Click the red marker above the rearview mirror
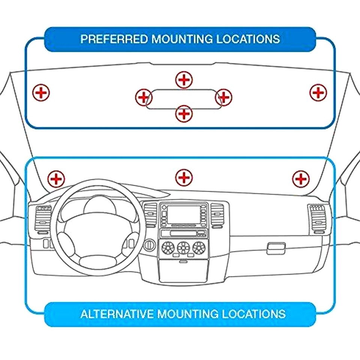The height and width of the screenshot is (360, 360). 184,79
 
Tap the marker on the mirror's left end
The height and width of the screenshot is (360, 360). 143,97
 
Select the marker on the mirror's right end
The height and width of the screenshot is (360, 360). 224,97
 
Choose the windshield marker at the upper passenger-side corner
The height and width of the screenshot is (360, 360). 318,92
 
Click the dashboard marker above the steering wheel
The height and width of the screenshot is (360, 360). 57,178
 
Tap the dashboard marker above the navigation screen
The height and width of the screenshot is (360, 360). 184,177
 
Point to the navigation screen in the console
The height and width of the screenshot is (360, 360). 183,214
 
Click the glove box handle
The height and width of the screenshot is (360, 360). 276,248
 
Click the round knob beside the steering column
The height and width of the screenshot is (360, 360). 149,244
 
